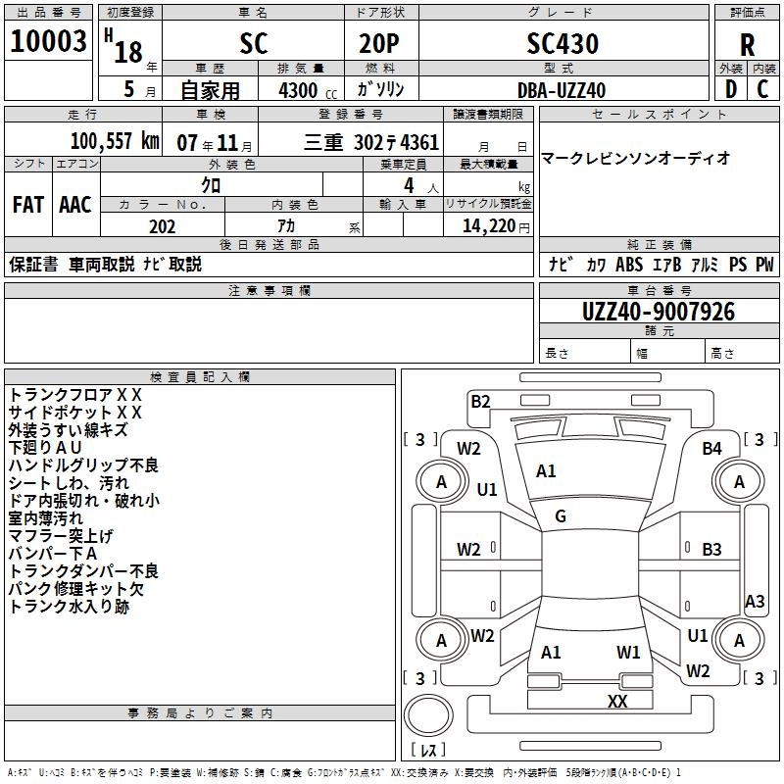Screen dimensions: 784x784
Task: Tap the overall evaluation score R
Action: click(x=747, y=45)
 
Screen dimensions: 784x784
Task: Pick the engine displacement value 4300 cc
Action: click(x=300, y=90)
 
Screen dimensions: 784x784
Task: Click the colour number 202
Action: click(x=162, y=226)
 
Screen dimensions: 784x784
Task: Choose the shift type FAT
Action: click(x=27, y=205)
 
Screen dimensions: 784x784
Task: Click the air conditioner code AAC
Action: click(x=75, y=205)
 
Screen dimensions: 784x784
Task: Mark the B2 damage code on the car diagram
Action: click(x=480, y=401)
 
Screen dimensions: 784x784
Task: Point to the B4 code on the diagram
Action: click(x=712, y=449)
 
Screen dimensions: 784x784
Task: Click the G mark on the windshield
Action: click(x=561, y=516)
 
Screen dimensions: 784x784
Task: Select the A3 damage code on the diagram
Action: click(x=755, y=602)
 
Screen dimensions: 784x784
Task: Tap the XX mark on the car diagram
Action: click(x=617, y=701)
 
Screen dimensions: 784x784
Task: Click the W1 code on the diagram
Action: click(x=628, y=652)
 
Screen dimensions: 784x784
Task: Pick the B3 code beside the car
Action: click(x=712, y=549)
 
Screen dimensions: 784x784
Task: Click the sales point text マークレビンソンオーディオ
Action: click(x=636, y=158)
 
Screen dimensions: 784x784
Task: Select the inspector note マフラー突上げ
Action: click(x=61, y=536)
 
